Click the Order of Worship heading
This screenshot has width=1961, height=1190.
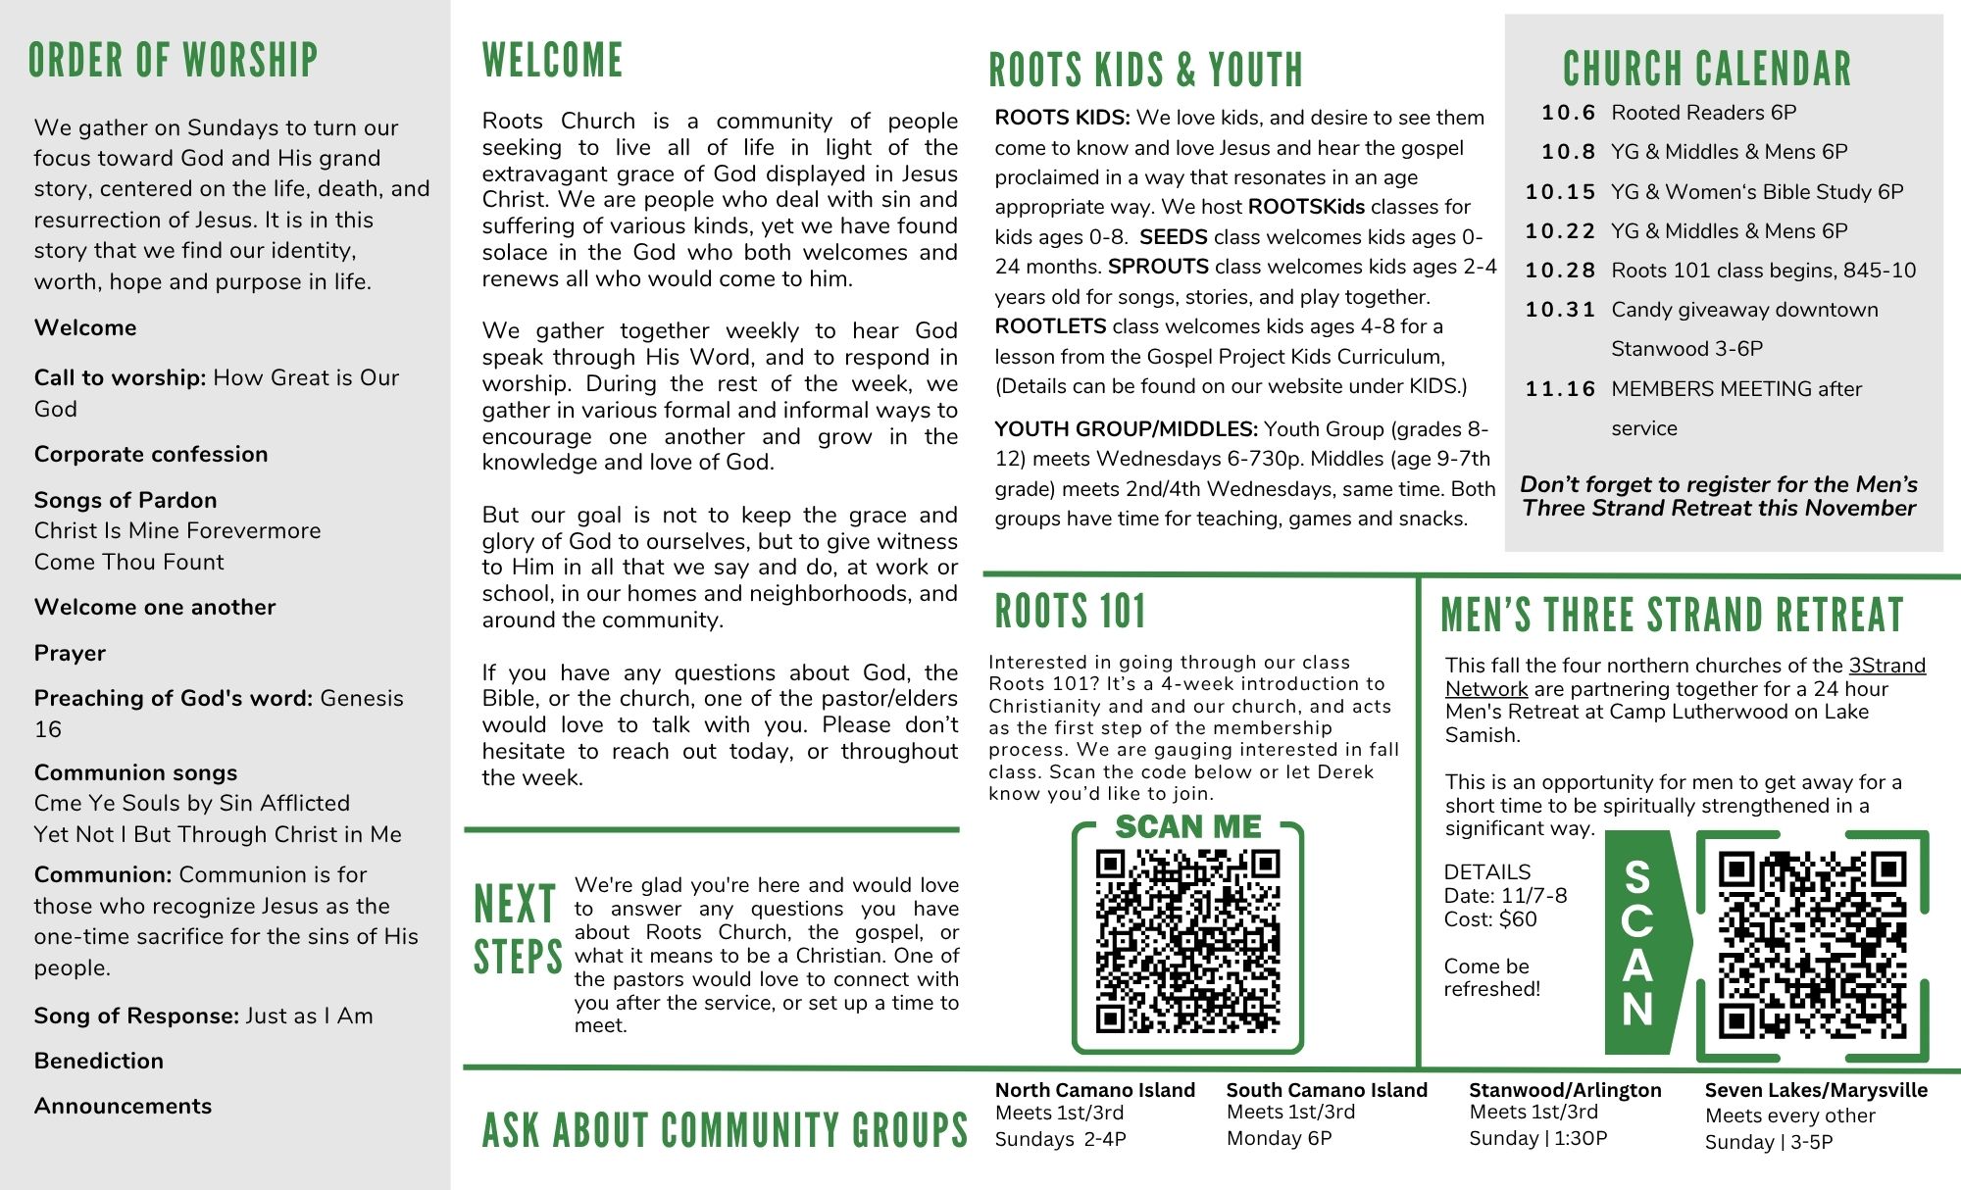coord(173,60)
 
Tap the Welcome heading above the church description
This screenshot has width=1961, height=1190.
coord(552,60)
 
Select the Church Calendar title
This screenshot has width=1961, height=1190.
coord(1707,69)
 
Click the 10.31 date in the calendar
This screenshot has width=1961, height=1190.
coord(1561,310)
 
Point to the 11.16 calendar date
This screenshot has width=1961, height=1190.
coord(1561,389)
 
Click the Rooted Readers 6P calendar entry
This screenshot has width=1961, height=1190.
coord(1703,113)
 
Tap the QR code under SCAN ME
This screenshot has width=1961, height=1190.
coord(1187,941)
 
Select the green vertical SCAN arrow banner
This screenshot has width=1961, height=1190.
coord(1641,942)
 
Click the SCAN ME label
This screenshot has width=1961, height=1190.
coord(1187,826)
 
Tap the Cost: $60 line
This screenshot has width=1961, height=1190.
coord(1490,919)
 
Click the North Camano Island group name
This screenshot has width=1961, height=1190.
coord(1094,1090)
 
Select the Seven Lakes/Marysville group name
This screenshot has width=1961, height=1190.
coord(1816,1090)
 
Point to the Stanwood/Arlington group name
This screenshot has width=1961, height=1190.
coord(1565,1090)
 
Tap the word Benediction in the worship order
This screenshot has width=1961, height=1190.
coord(99,1061)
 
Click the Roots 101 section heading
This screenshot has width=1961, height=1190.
coord(1070,612)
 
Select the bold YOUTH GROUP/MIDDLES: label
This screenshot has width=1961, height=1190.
coord(1126,429)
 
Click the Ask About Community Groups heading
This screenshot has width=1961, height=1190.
coord(725,1130)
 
